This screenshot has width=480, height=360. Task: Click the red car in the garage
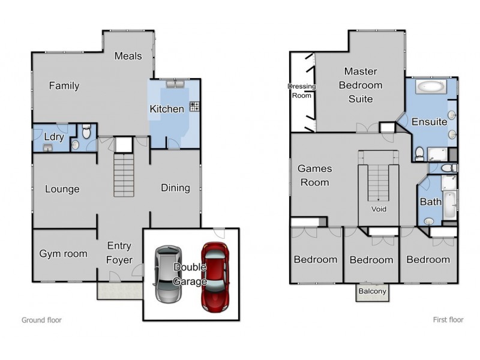215,277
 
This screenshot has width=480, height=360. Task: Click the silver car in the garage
168,274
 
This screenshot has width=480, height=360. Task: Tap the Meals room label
128,56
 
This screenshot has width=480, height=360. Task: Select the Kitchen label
167,109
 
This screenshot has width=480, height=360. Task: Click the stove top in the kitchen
194,106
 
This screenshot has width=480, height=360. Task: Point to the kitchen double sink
175,84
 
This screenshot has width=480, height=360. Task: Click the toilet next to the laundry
86,131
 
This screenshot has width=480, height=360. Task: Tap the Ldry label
54,137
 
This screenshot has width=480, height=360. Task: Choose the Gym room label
64,254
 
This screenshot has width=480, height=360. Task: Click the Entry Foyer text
119,253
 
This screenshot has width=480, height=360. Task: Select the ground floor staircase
124,175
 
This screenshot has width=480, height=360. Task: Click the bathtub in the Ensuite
430,87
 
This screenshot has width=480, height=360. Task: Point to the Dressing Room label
302,91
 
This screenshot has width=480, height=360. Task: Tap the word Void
379,209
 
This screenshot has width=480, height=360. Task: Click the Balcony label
372,291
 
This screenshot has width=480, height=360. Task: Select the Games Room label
314,175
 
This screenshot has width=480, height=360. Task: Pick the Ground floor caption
41,320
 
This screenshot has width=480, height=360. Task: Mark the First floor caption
448,320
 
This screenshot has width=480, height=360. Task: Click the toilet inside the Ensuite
419,154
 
